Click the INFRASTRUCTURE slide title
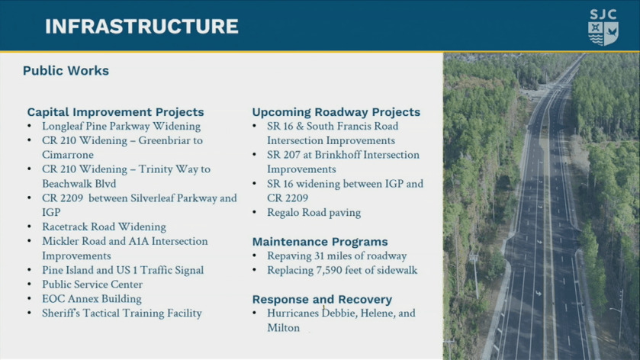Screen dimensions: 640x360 tap(142, 27)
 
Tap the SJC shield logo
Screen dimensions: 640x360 tap(603, 27)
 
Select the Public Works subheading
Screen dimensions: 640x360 tap(66, 71)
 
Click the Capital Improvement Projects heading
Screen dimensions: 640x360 tap(115, 112)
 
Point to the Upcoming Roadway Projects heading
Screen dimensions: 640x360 tap(336, 112)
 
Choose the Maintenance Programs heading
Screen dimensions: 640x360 tap(320, 242)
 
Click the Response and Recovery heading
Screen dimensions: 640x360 tap(322, 299)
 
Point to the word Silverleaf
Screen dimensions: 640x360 tap(152, 198)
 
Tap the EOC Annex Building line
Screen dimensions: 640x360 tap(92, 299)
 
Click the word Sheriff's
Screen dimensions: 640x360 tap(61, 313)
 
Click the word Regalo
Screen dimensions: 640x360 tap(282, 213)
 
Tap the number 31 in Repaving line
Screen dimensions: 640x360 tap(319, 256)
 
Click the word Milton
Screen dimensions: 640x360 tap(284, 328)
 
